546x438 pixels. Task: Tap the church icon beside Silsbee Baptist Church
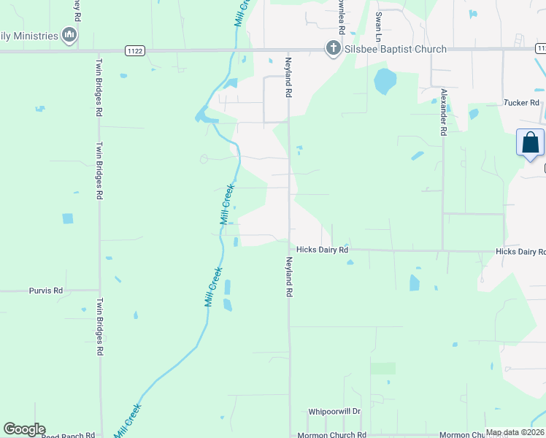pyautogui.click(x=333, y=49)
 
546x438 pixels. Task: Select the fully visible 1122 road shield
pyautogui.click(x=134, y=50)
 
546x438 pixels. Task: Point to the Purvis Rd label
pyautogui.click(x=46, y=291)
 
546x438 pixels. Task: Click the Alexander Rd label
pyautogui.click(x=443, y=112)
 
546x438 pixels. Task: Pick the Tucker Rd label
pyautogui.click(x=520, y=103)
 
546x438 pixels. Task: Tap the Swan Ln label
pyautogui.click(x=378, y=26)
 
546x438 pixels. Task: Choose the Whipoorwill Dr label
pyautogui.click(x=334, y=412)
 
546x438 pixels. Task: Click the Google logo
pyautogui.click(x=24, y=429)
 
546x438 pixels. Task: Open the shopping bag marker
pyautogui.click(x=530, y=142)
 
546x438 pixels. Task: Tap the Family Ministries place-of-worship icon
pyautogui.click(x=69, y=34)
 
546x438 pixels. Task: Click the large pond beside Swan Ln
pyautogui.click(x=385, y=81)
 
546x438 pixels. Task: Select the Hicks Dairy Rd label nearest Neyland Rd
pyautogui.click(x=322, y=250)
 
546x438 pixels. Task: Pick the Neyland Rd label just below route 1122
pyautogui.click(x=288, y=79)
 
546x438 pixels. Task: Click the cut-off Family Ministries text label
pyautogui.click(x=28, y=35)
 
